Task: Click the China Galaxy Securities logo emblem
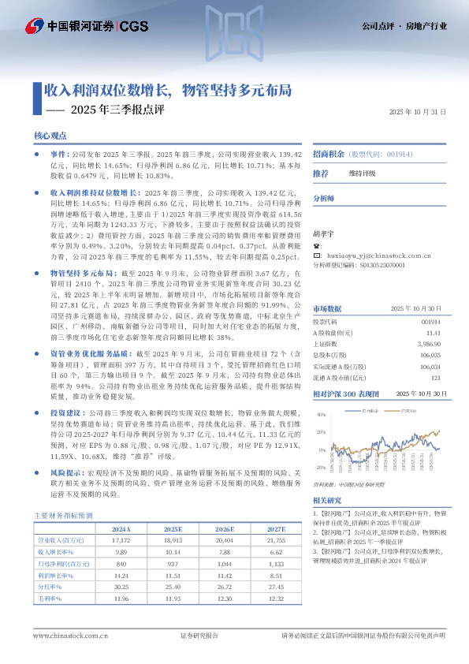click(x=32, y=26)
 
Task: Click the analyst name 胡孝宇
click(x=323, y=233)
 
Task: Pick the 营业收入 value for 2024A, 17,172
click(x=121, y=541)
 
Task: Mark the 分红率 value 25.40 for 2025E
click(x=172, y=587)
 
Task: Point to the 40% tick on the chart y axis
click(x=320, y=414)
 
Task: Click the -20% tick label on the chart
click(x=320, y=467)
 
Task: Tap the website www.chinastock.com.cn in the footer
click(x=65, y=635)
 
